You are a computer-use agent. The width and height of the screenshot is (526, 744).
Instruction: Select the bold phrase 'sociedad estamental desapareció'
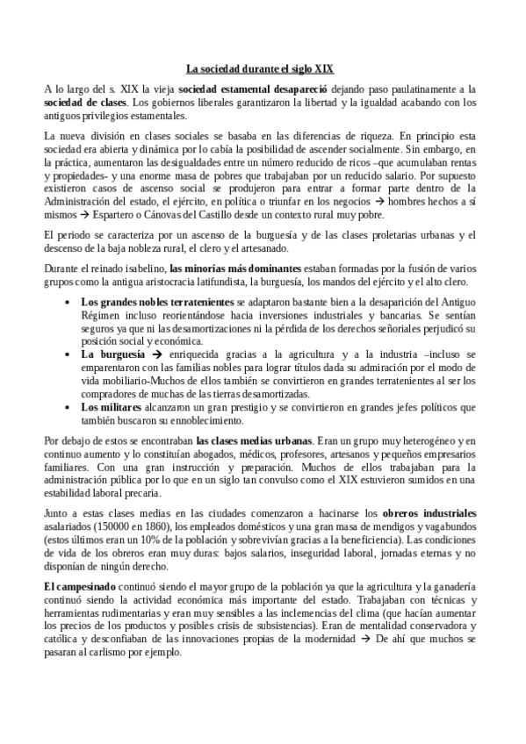[x=253, y=89]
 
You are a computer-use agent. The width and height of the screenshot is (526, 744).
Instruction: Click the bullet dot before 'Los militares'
[x=69, y=407]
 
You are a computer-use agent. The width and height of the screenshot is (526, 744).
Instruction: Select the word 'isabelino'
[x=141, y=269]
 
